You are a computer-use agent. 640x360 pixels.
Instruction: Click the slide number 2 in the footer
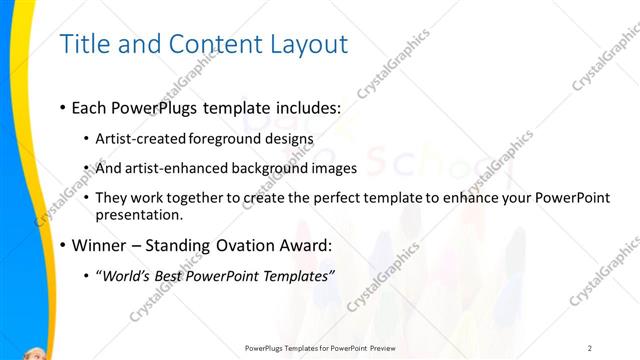point(590,348)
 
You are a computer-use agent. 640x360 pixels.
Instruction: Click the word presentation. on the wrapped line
point(139,215)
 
